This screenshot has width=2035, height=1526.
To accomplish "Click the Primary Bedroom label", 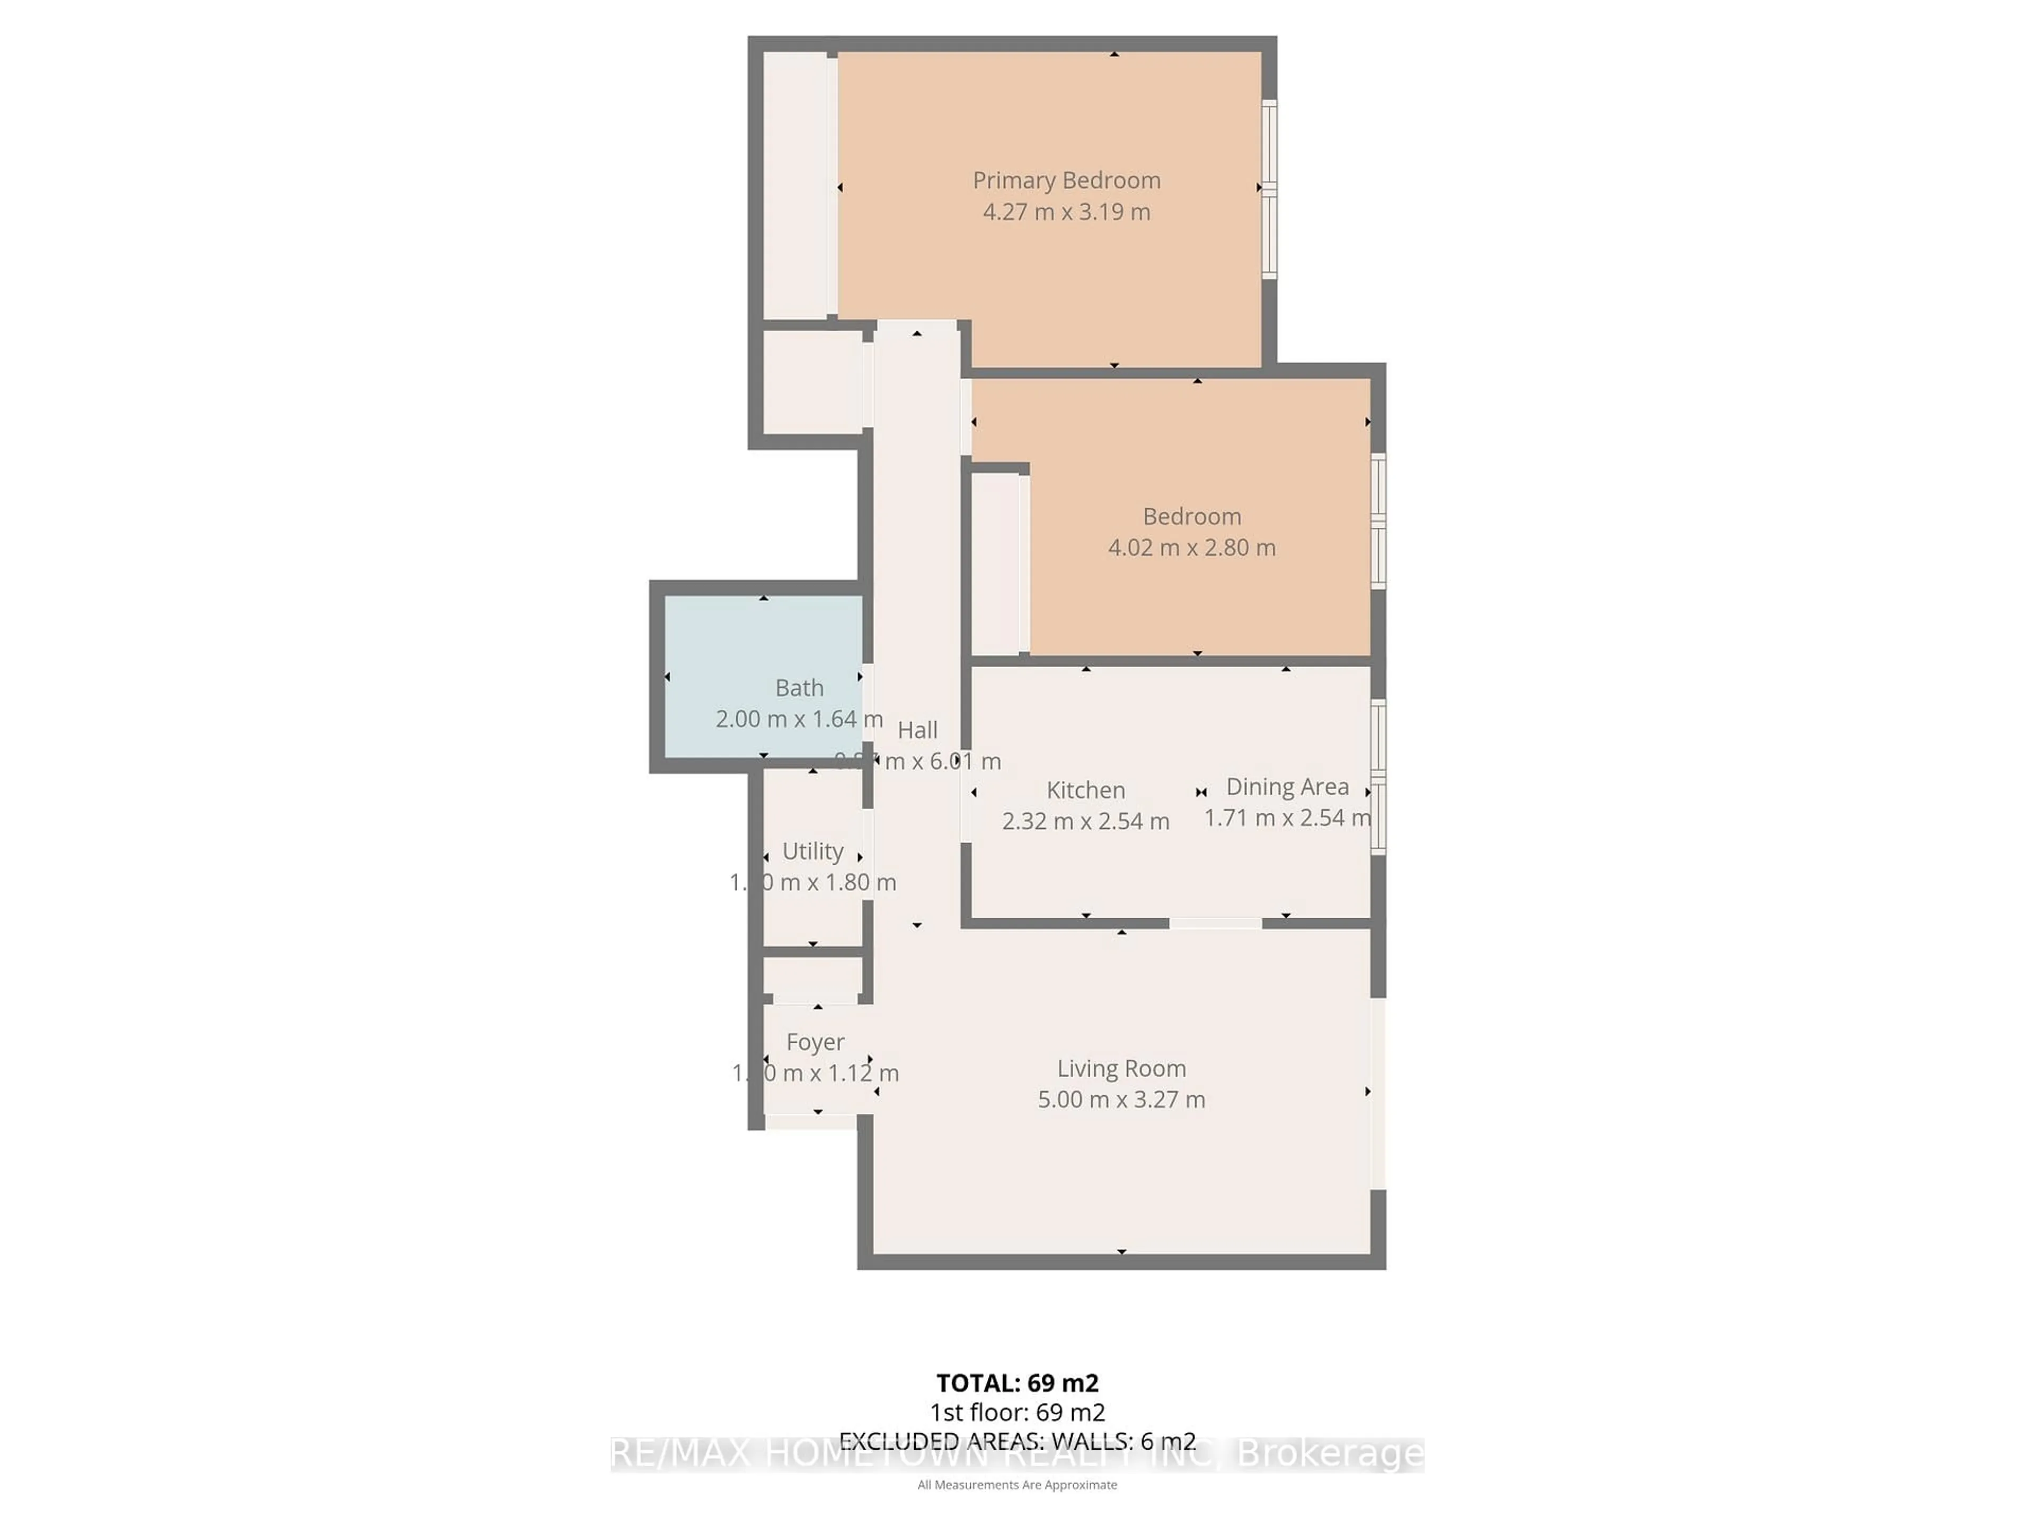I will pos(1066,180).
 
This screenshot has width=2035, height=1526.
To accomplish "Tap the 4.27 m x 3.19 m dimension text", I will pos(1066,211).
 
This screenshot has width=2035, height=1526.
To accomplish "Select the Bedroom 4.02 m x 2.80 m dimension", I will pos(1191,547).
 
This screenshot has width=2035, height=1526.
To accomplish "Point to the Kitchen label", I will pos(1085,790).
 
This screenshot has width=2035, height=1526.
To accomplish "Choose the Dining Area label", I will pos(1287,786).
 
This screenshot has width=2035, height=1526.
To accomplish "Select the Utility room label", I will pos(812,851).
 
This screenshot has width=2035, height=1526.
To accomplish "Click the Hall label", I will pos(917,730).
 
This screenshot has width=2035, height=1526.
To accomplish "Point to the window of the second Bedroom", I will pos(1377,521).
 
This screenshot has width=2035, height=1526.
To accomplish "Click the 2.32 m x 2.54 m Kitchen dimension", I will pos(1085,820).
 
